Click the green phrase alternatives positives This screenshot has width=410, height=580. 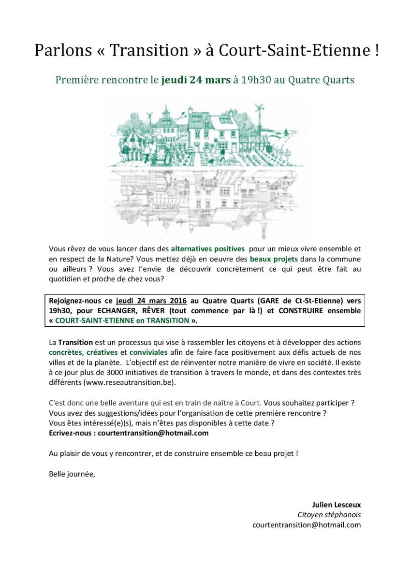tap(208, 249)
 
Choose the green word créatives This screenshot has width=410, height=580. tap(102, 352)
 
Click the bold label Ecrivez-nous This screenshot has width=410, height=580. tap(71, 433)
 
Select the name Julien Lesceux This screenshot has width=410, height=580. tap(337, 505)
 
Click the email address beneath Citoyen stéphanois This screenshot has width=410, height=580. tap(307, 525)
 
